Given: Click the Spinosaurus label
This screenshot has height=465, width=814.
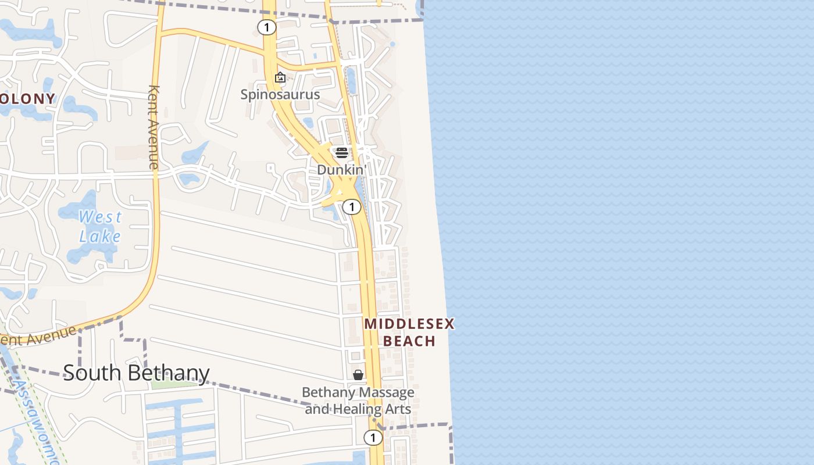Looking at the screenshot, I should coord(280,94).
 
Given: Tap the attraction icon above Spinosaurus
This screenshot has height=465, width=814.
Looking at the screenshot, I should coord(280,77).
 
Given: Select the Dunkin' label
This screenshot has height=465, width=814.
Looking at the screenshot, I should coord(342,170).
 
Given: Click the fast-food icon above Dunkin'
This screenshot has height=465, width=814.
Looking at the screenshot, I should coord(342,153).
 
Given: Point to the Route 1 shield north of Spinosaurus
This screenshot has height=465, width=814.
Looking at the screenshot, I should coord(266,27).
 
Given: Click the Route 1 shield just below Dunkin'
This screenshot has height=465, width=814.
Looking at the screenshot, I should coord(351,207).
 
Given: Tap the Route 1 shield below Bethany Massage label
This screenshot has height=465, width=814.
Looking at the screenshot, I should coord(372,437).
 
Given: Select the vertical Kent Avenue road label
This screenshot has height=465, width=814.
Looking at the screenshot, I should coord(154,127).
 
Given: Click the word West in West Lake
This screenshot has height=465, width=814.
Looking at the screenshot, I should coord(101,217).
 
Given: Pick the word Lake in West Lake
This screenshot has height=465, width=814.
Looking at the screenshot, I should coord(100,237).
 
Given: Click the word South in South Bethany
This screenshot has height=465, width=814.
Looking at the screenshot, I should coord(90,373).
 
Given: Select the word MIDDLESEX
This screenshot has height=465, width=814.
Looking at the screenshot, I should coord(409,324).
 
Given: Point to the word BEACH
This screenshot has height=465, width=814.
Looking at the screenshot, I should coord(409,341).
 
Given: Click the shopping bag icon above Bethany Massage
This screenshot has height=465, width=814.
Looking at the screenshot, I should coord(358,375).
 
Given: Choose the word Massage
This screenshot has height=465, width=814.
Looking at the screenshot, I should coord(386,392).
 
